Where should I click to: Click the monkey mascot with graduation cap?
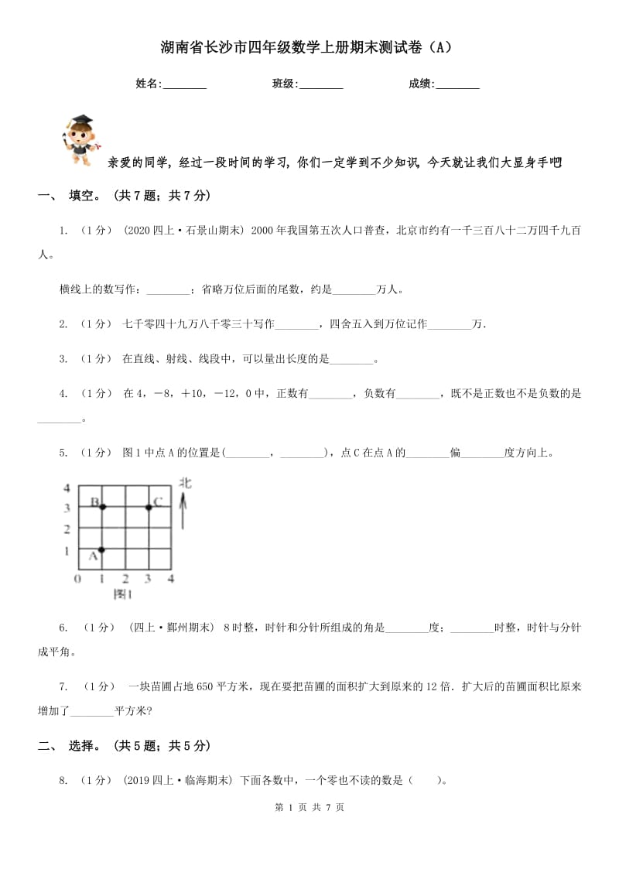coord(77,140)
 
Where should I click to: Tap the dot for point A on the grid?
coord(101,549)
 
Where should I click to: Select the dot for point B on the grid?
coord(101,507)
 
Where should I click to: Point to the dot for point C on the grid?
coord(149,507)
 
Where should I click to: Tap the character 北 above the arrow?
coord(186,483)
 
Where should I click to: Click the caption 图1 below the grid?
coord(122,594)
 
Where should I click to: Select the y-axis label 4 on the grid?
coord(67,488)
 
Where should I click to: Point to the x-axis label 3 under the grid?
coord(148,578)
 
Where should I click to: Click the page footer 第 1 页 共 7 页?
coord(309,829)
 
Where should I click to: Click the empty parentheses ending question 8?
coord(425,780)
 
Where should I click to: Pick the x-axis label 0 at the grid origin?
coord(77,578)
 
